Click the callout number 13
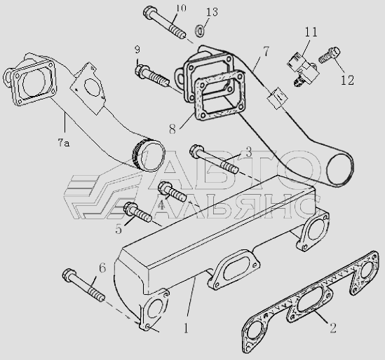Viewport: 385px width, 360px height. tap(212, 12)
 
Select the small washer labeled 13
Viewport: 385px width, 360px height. tap(201, 30)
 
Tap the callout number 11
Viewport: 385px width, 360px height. tap(311, 32)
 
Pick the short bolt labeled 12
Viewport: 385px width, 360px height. tap(330, 55)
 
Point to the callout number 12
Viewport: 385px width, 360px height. tap(347, 80)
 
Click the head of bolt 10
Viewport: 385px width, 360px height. tap(149, 13)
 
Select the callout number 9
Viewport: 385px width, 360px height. tap(137, 50)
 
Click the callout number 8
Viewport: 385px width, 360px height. tap(173, 129)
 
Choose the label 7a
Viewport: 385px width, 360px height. tap(64, 142)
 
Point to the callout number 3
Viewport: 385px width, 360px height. tap(249, 152)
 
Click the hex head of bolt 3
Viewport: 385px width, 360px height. tap(196, 151)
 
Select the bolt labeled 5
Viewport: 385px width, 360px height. tap(137, 212)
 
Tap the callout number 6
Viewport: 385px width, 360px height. tap(102, 268)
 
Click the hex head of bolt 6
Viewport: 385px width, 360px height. tap(69, 275)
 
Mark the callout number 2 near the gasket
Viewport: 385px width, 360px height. tap(333, 328)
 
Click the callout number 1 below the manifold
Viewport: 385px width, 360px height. tap(186, 328)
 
